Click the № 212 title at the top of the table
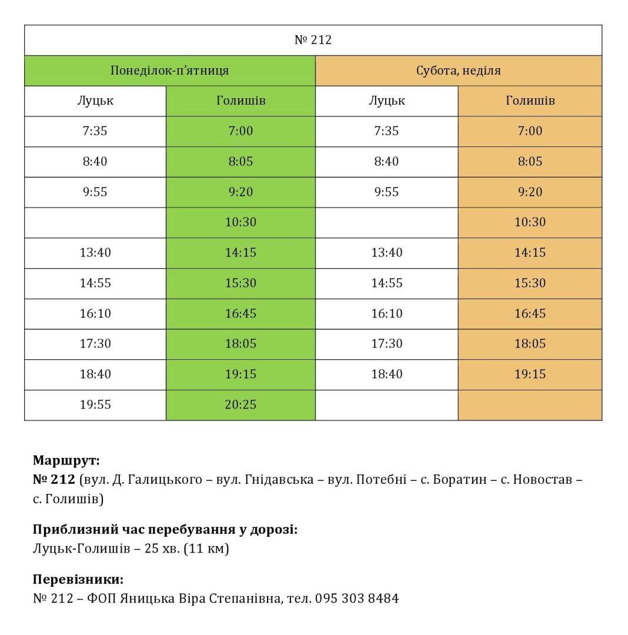(x=313, y=40)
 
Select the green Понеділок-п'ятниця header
(x=169, y=71)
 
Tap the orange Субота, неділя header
(x=459, y=71)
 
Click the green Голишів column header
(x=240, y=101)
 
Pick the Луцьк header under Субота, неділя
(x=386, y=101)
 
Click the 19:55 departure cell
(x=95, y=405)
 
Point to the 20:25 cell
(x=240, y=405)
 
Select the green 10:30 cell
(x=240, y=222)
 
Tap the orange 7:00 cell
(x=530, y=131)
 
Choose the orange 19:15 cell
(x=530, y=374)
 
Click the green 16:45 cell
(x=240, y=313)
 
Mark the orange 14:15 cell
(x=530, y=253)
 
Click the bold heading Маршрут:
(x=66, y=460)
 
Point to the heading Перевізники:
(x=78, y=579)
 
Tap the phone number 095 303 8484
(x=357, y=599)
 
